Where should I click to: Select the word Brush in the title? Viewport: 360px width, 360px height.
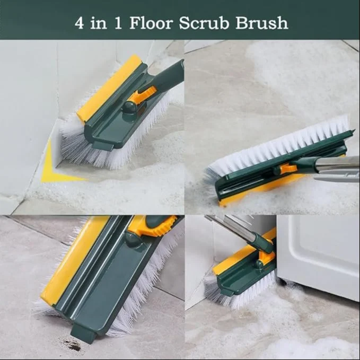[x=262, y=23]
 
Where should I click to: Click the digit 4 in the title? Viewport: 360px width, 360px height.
[x=79, y=23]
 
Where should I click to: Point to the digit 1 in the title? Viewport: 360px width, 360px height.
[x=118, y=23]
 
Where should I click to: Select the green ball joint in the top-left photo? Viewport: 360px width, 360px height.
[x=129, y=108]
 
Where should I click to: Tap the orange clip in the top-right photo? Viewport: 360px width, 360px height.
[x=286, y=169]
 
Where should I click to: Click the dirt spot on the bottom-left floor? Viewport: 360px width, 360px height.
[x=72, y=345]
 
